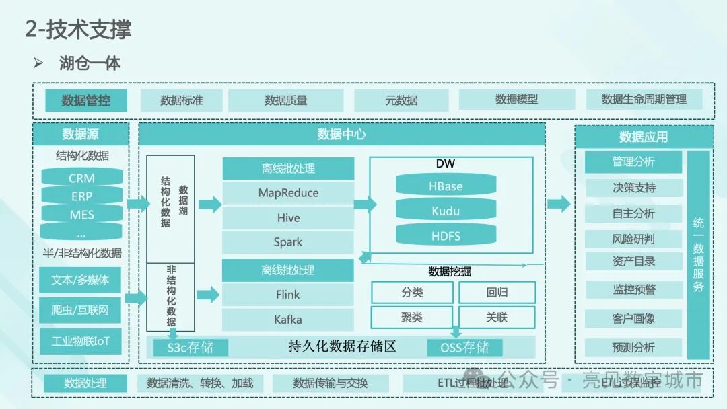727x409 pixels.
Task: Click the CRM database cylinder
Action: click(x=81, y=178)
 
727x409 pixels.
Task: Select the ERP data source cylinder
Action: click(x=81, y=196)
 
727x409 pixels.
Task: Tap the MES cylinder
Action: click(x=81, y=215)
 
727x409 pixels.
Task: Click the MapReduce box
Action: click(x=288, y=193)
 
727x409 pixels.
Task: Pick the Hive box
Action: click(x=288, y=218)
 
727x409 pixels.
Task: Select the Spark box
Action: click(x=288, y=242)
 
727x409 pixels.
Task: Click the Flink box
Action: click(x=288, y=294)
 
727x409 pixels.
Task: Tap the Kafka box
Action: click(x=288, y=319)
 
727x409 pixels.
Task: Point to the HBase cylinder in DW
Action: click(x=446, y=186)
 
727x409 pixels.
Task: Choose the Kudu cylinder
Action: click(x=446, y=211)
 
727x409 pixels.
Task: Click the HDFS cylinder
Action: click(x=446, y=236)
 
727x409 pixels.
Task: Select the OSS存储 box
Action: click(x=464, y=347)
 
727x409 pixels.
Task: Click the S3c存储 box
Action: click(x=190, y=347)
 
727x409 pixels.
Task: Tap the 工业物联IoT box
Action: click(x=80, y=341)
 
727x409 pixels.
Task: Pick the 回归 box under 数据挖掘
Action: click(x=497, y=293)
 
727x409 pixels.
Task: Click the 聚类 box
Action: click(x=412, y=317)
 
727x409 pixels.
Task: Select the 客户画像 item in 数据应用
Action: click(x=633, y=318)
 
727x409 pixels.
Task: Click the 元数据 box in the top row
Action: click(x=401, y=100)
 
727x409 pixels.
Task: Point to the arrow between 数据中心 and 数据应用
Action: click(x=559, y=204)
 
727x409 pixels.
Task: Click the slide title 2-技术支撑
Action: click(x=78, y=29)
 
